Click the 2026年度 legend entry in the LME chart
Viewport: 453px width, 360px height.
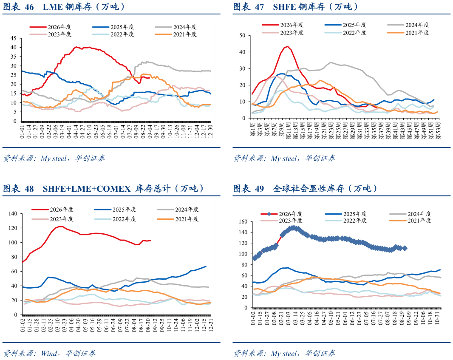tap(50, 27)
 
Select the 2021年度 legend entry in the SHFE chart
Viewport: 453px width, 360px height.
tap(408, 33)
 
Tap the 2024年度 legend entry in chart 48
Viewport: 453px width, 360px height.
tap(178, 210)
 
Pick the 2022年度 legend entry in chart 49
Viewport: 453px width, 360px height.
tap(346, 221)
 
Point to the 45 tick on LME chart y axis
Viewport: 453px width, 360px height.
tap(14, 38)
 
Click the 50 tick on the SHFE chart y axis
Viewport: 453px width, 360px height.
tap(242, 36)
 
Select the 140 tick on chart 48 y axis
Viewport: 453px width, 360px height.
tap(13, 213)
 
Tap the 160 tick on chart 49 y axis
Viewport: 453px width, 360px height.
tap(243, 221)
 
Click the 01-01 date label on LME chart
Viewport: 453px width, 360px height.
tap(22, 131)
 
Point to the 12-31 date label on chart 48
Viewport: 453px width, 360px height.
tap(211, 325)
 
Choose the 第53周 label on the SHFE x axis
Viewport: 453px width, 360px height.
tap(438, 130)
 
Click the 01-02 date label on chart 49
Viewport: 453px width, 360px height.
tap(253, 318)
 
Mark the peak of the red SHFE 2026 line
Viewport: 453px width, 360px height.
tap(287, 46)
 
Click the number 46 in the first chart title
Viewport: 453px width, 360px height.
tap(29, 7)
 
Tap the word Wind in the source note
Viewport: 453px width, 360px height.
tap(49, 353)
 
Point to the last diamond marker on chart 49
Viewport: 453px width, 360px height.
tap(405, 248)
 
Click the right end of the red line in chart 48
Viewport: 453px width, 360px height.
tap(151, 241)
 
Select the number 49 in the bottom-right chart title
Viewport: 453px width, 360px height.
tap(260, 189)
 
